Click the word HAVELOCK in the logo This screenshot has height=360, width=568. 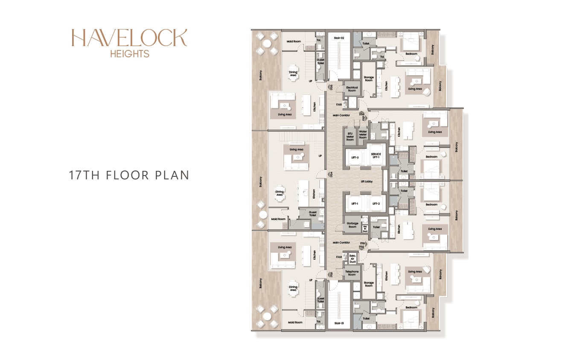tap(129, 38)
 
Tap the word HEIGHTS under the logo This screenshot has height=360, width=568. tap(129, 54)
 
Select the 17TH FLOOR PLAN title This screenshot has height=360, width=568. tap(129, 176)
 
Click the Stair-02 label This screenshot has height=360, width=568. tap(339, 38)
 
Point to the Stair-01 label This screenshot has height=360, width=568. tap(339, 323)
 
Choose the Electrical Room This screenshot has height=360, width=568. tap(352, 89)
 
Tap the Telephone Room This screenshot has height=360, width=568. tap(352, 273)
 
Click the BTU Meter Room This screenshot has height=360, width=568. tap(350, 136)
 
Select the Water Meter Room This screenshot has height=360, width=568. tap(363, 135)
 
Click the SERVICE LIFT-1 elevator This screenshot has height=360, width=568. tap(376, 156)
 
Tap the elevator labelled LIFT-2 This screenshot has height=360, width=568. tap(376, 204)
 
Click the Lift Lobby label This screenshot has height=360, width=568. tap(366, 181)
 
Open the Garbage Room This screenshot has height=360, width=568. tap(352, 225)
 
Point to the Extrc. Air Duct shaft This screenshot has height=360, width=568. tap(352, 258)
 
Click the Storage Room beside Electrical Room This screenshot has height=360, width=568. tap(369, 79)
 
